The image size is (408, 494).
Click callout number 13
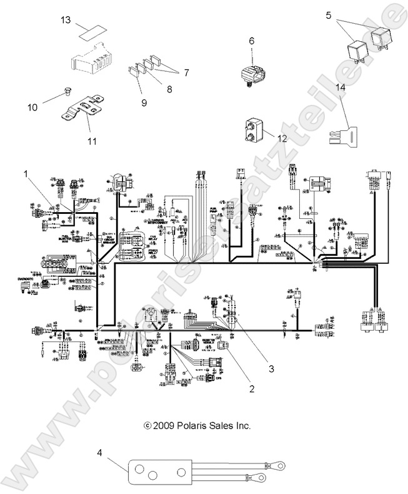(x=66, y=21)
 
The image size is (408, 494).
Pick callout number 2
(x=251, y=389)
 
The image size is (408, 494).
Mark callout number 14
(x=341, y=89)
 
